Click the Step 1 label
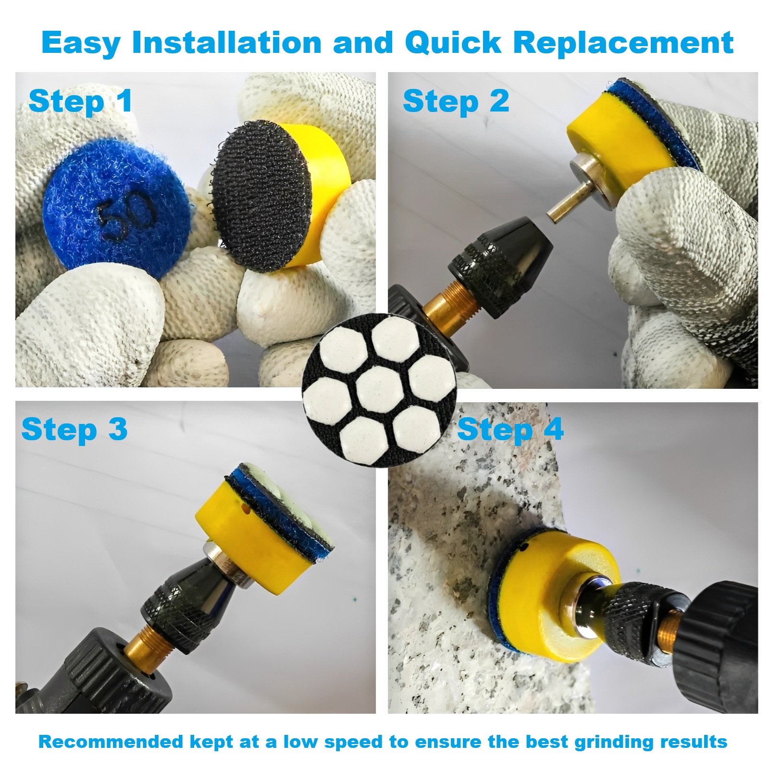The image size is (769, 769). pyautogui.click(x=80, y=102)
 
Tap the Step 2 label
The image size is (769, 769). pyautogui.click(x=456, y=102)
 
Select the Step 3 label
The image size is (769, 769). pyautogui.click(x=74, y=429)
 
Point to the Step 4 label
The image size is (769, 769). pyautogui.click(x=510, y=429)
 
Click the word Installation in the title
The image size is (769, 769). pyautogui.click(x=227, y=43)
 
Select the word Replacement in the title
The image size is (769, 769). pyautogui.click(x=623, y=43)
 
